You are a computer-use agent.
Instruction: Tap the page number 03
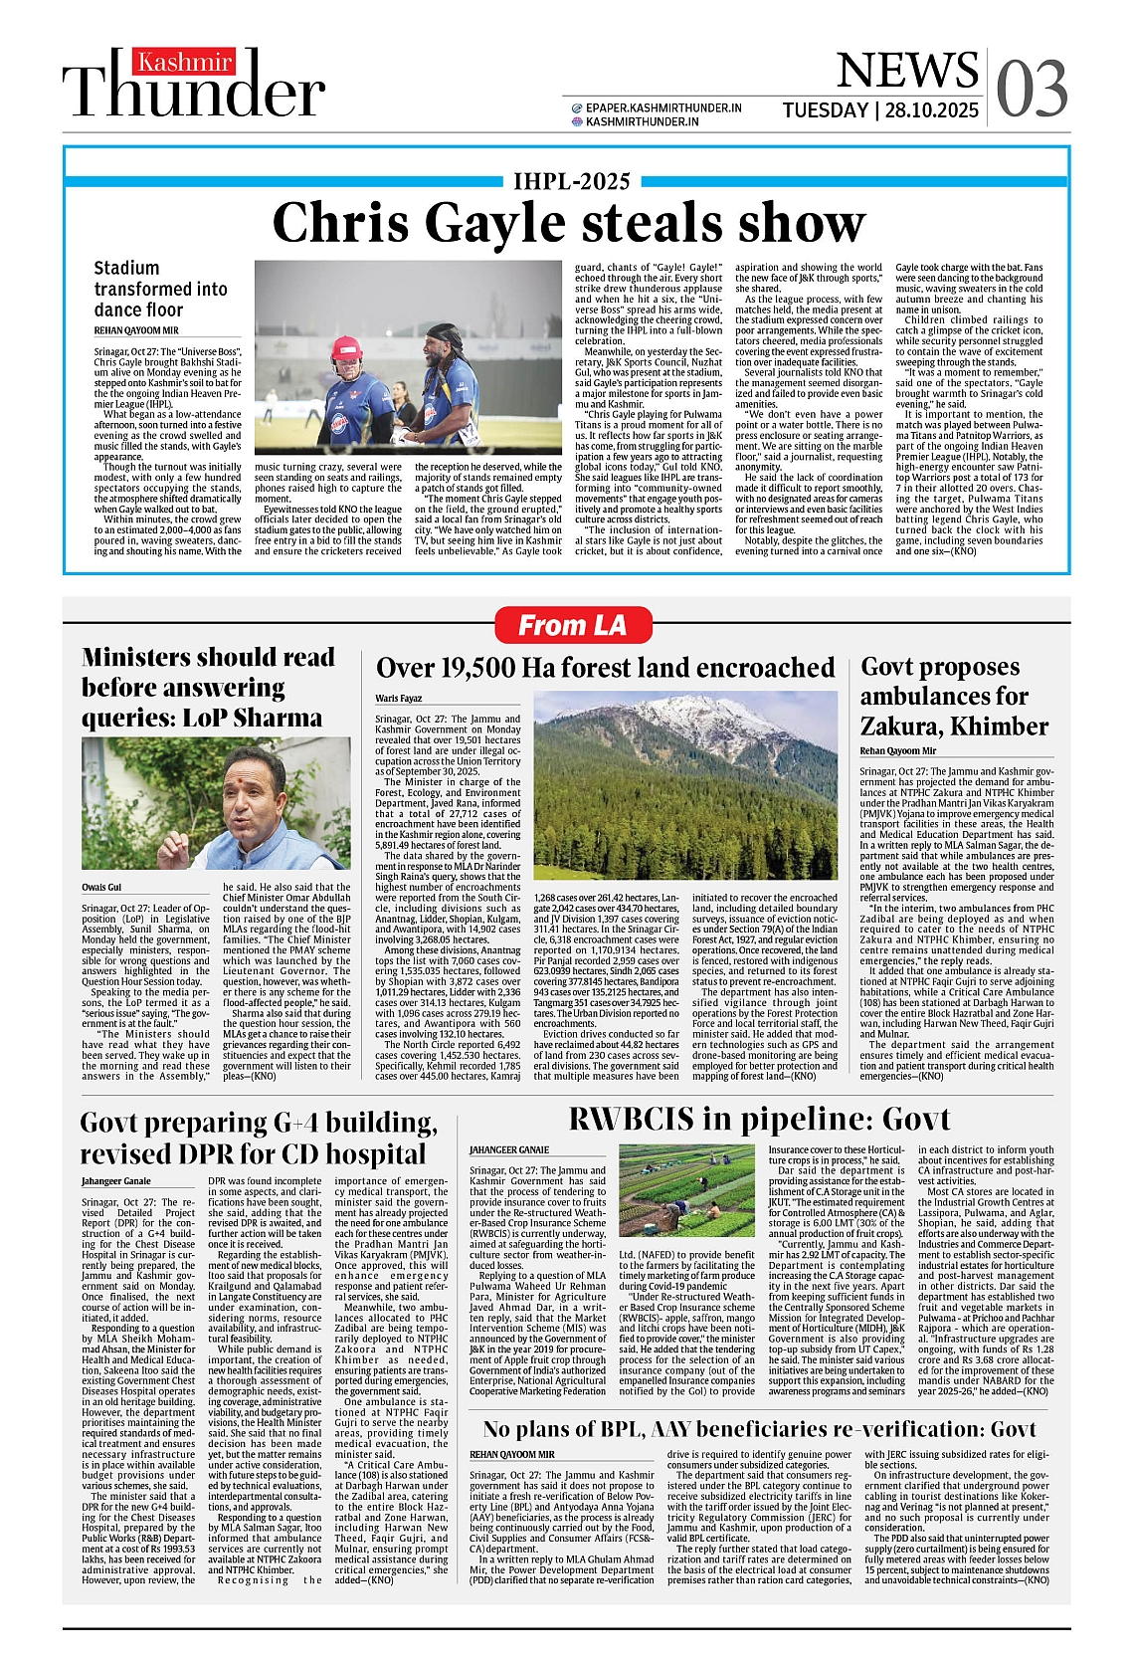pyautogui.click(x=1032, y=90)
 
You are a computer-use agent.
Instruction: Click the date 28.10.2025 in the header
pyautogui.click(x=932, y=110)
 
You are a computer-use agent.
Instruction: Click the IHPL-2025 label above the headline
pyautogui.click(x=571, y=181)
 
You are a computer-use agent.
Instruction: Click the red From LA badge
pyautogui.click(x=573, y=626)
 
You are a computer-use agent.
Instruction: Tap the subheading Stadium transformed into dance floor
pyautogui.click(x=160, y=289)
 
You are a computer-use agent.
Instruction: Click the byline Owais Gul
pyautogui.click(x=101, y=887)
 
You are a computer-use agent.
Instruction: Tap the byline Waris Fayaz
pyautogui.click(x=398, y=699)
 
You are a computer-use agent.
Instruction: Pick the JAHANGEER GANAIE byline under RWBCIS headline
pyautogui.click(x=508, y=1150)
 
